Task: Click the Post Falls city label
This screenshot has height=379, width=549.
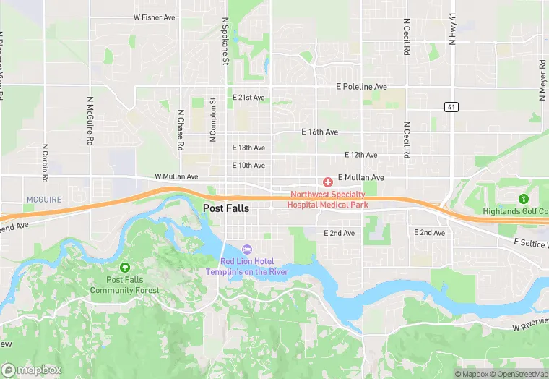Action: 226,208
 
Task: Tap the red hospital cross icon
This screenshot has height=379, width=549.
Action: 327,182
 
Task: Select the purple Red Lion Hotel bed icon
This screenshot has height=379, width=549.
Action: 247,250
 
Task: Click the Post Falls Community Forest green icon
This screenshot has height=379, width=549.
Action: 125,268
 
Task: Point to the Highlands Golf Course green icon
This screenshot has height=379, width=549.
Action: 524,199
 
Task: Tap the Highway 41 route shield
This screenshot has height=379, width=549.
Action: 451,107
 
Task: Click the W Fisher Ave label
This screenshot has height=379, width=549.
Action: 155,17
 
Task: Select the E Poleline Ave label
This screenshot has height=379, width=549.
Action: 362,87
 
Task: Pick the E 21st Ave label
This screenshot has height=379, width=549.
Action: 248,97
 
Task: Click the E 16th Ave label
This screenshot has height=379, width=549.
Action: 320,132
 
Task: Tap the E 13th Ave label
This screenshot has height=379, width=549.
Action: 248,148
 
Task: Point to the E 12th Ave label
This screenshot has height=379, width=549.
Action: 361,155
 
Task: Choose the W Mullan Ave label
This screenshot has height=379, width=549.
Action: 176,176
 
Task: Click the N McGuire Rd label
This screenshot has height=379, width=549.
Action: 91,122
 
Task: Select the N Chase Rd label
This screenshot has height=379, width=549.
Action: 180,130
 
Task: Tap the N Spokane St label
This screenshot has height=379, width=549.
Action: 225,41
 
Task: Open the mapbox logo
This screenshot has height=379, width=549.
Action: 31,369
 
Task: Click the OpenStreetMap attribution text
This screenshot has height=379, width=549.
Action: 518,374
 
